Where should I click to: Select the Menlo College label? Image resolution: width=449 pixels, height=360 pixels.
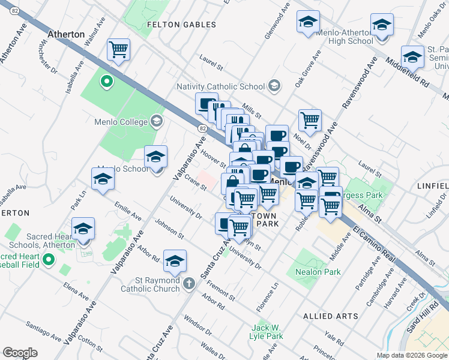[x=121, y=122]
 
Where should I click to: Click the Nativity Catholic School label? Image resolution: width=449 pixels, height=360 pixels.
[x=220, y=86]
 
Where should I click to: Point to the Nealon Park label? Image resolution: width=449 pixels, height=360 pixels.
[x=318, y=272]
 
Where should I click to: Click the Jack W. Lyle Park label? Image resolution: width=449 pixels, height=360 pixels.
[x=267, y=332]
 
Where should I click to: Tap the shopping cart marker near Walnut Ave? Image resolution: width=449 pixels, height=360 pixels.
[x=118, y=49]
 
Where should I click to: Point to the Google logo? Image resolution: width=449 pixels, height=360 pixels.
[x=20, y=353]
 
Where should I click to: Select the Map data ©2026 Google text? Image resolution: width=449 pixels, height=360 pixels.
[x=411, y=355]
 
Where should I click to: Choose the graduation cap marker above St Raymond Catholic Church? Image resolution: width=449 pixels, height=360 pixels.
[x=175, y=261]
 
